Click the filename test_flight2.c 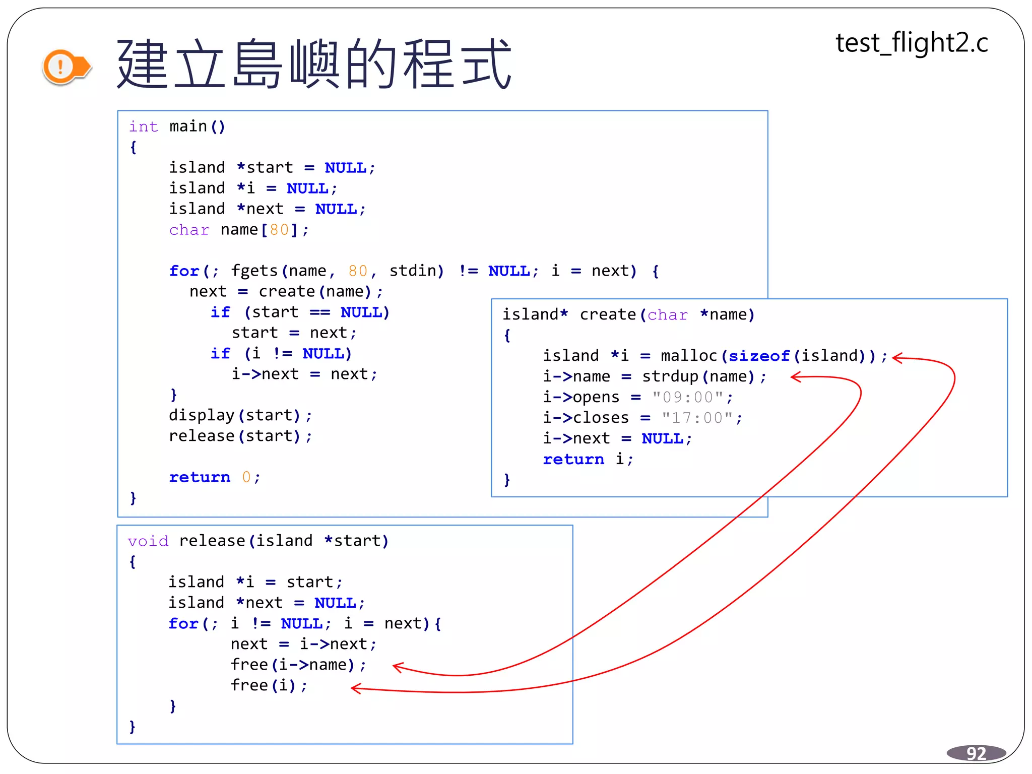(x=912, y=43)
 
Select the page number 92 (x=976, y=753)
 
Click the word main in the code (x=188, y=126)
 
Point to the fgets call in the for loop (x=254, y=271)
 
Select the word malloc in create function (x=688, y=356)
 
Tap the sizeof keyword (x=759, y=356)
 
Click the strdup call (x=670, y=376)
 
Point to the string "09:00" (x=688, y=397)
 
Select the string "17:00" (x=698, y=418)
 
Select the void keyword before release (x=148, y=541)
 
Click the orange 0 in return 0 (x=246, y=477)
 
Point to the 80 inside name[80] (x=279, y=230)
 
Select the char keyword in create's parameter (x=667, y=315)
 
